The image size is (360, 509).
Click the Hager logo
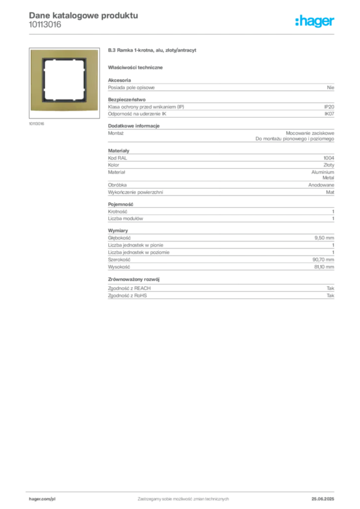point(315,21)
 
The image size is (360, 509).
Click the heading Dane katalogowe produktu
point(84,15)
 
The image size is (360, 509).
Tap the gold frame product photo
point(64,80)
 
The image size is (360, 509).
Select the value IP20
point(329,107)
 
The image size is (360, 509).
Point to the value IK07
point(329,114)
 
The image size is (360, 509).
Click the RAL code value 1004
point(329,158)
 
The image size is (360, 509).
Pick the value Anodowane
point(321,185)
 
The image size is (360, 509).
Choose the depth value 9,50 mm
point(324,238)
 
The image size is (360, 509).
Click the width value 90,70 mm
point(323,259)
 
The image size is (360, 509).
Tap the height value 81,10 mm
point(324,267)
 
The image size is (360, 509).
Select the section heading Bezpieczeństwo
point(127,99)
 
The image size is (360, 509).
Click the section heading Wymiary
point(118,231)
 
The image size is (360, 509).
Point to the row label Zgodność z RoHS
point(127,296)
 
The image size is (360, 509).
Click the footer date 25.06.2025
point(323,499)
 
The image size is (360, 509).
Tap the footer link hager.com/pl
point(42,499)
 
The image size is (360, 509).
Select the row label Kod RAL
point(117,158)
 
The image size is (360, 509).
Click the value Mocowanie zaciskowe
point(310,133)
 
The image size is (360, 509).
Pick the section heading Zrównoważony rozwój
point(134,279)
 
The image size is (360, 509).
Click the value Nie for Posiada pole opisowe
point(331,87)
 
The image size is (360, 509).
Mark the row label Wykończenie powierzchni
point(135,192)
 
